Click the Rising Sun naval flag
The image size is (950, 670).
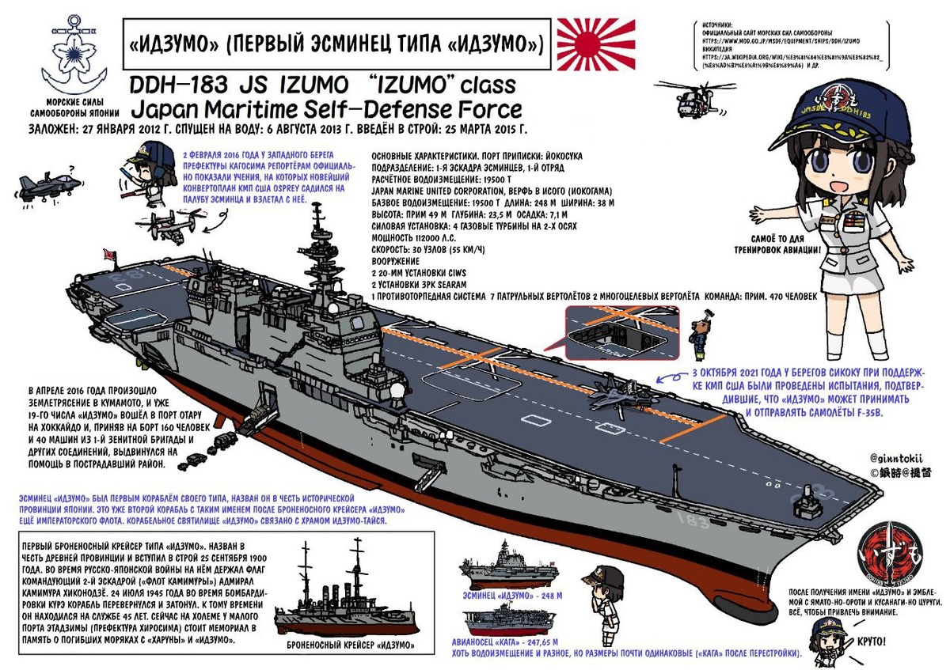596,45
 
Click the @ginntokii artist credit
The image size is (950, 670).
900,458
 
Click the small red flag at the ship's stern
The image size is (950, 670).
112,256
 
